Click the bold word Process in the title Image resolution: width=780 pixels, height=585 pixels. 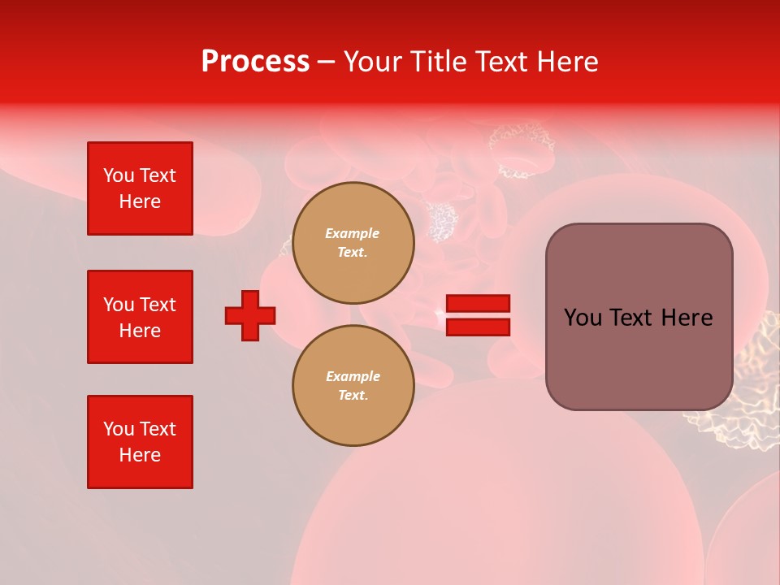255,62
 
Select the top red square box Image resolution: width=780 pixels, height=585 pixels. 140,188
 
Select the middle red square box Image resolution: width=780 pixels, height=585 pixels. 140,317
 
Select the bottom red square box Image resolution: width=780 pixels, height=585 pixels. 140,442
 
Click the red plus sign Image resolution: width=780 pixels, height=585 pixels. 250,315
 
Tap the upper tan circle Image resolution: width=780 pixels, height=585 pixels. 353,243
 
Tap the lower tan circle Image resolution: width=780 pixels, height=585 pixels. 353,386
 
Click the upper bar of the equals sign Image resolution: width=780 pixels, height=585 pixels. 478,304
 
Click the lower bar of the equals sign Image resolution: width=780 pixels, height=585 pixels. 478,327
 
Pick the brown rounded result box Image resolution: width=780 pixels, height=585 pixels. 639,317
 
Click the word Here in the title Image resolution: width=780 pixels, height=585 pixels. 569,62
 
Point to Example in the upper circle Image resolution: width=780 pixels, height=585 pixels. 353,233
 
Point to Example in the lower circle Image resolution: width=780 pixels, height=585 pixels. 353,376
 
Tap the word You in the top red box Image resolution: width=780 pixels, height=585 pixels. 118,175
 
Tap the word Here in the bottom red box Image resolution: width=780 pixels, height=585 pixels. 140,455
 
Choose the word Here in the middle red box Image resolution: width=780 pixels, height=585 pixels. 140,331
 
